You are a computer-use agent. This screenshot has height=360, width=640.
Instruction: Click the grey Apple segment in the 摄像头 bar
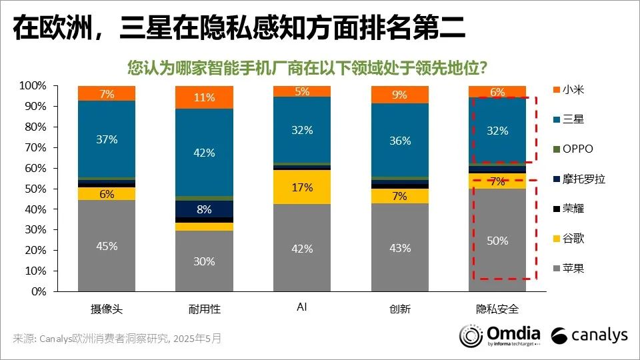[x=107, y=246]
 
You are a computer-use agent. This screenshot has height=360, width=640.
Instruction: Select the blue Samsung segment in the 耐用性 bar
[x=204, y=152]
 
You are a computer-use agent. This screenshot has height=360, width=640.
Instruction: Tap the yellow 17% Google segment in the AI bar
[x=302, y=187]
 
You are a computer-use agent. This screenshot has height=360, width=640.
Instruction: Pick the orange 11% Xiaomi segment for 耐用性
[x=204, y=97]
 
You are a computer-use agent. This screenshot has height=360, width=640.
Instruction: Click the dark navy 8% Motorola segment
[x=204, y=209]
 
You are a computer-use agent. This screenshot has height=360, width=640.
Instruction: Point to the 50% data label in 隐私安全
[x=497, y=241]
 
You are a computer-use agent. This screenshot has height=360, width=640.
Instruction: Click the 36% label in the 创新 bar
[x=400, y=141]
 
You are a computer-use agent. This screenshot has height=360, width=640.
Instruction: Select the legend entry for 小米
[x=568, y=90]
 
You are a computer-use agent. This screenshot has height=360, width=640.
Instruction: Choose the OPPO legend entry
[x=573, y=149]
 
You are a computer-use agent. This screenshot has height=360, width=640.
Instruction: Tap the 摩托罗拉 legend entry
[x=579, y=179]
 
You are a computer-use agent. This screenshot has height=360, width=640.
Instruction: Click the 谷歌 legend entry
[x=568, y=239]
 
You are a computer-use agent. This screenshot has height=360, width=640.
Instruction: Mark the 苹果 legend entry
[x=568, y=268]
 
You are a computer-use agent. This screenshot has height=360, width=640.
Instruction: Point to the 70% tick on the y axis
[x=35, y=148]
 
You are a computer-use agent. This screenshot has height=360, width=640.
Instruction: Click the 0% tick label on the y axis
[x=39, y=291]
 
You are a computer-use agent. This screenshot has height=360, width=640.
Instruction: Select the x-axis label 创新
[x=400, y=309]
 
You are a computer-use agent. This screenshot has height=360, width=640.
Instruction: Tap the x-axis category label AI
[x=301, y=307]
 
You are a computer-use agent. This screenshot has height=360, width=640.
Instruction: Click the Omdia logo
[x=500, y=336]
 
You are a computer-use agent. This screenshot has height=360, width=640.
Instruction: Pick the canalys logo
[x=589, y=335]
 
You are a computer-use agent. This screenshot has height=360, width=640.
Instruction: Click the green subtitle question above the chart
[x=307, y=68]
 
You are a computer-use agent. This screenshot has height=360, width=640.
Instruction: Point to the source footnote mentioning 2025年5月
[x=117, y=339]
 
